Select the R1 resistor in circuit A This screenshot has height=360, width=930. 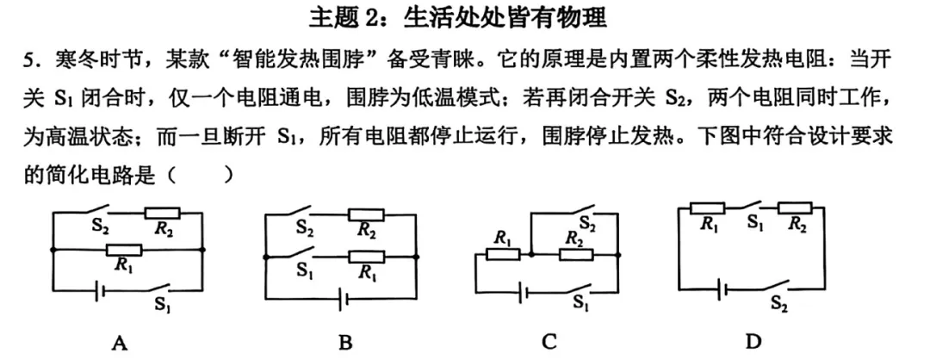(x=123, y=251)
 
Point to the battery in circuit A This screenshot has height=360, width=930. (x=101, y=290)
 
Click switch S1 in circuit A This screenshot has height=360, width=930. (x=161, y=287)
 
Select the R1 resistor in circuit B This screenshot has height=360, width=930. (x=366, y=256)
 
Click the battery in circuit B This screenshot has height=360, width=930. (x=344, y=299)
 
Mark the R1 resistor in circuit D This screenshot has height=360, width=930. (x=709, y=207)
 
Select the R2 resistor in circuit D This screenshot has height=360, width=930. (x=795, y=207)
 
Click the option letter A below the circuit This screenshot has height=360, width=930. (x=121, y=343)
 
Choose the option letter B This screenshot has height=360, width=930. (x=345, y=343)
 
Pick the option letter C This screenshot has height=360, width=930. (x=549, y=341)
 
